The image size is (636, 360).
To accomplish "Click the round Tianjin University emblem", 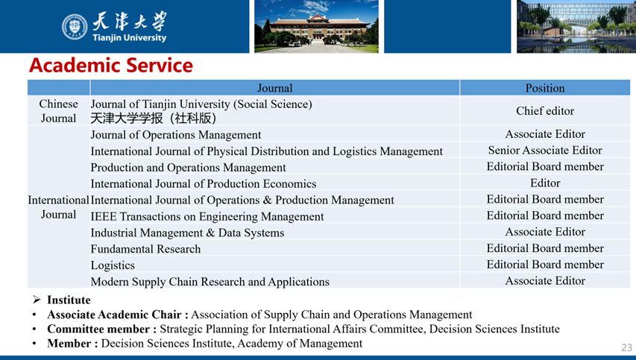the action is click(x=75, y=27).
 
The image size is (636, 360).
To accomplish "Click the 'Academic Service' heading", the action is click(x=111, y=66).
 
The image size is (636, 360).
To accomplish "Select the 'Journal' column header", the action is click(x=274, y=88).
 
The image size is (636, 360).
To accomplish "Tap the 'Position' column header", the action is click(x=545, y=88).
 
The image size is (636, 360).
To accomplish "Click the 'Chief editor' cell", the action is click(x=545, y=110).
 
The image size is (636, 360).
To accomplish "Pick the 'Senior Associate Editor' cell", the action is click(x=545, y=151).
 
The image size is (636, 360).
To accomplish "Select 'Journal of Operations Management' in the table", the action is click(x=176, y=135).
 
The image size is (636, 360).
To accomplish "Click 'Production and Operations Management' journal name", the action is click(x=188, y=168).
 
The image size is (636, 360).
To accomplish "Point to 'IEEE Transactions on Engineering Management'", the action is click(x=207, y=216).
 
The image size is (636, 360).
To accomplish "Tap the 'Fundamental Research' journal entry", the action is click(x=145, y=249).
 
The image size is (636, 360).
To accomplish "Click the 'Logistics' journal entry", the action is click(x=113, y=265).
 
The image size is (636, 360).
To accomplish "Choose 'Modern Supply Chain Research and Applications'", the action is click(x=210, y=281).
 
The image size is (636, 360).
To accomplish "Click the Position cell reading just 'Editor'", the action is click(x=545, y=183).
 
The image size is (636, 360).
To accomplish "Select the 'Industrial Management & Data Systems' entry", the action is click(x=187, y=233).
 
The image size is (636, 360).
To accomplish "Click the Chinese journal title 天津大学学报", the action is click(x=127, y=119).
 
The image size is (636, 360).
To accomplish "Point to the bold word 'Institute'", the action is click(x=69, y=300).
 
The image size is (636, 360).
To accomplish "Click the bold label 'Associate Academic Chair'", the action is click(x=114, y=315).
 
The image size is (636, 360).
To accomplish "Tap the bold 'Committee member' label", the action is click(x=98, y=329).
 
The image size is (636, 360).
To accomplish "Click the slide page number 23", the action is click(x=626, y=347).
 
